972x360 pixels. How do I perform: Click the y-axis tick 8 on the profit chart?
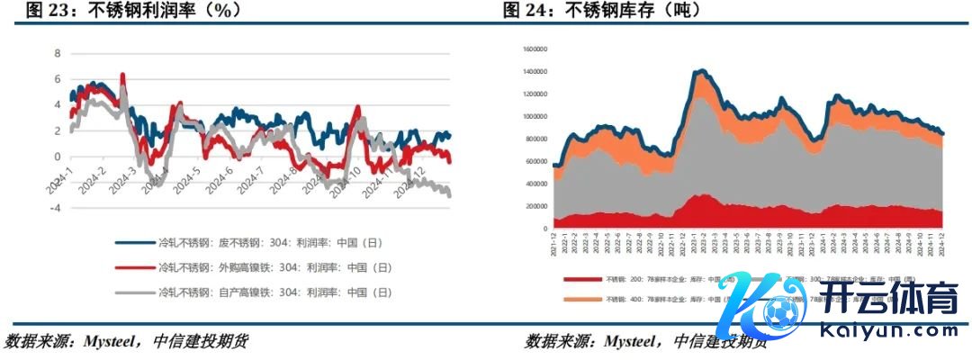coord(58,54)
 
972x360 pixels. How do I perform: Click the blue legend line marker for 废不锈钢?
coord(133,242)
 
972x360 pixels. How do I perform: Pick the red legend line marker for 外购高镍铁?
coord(133,267)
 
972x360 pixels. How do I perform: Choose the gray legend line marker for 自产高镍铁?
coord(133,292)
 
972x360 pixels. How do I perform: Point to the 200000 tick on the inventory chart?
coord(536,206)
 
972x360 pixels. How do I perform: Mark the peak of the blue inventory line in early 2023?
coord(701,70)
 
